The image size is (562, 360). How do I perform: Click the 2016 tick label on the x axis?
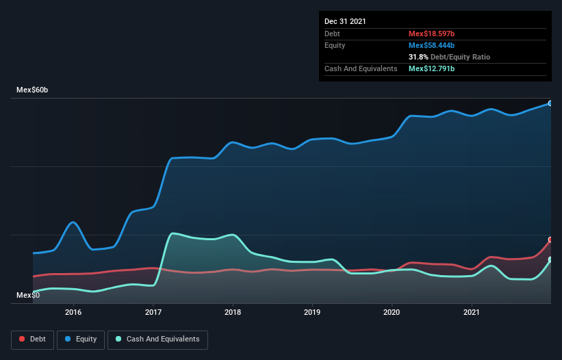coord(73,312)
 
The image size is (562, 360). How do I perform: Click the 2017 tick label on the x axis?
coord(153,312)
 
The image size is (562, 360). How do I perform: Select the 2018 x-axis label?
coord(233,312)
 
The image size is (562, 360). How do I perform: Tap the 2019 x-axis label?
coord(312,312)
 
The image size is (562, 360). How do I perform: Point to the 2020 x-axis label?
coord(392,312)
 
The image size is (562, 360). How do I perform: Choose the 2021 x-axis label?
coord(472,312)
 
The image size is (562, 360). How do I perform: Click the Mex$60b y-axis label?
coord(33,90)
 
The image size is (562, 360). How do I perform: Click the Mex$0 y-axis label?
coord(28,295)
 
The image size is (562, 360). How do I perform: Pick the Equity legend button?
coord(81,339)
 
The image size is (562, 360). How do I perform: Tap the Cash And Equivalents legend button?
coord(157,339)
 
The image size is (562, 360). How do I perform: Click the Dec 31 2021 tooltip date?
coord(345,21)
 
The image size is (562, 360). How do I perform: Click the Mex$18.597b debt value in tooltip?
coord(431,34)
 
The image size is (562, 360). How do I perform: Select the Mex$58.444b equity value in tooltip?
coord(431,45)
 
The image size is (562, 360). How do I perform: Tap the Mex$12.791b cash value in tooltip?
coord(431,69)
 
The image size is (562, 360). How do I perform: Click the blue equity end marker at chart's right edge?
coord(550,103)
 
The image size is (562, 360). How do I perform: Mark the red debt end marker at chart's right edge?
coord(550,240)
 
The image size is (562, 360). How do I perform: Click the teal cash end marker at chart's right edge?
coord(550,259)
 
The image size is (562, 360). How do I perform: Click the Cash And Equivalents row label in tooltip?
coord(361,69)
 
